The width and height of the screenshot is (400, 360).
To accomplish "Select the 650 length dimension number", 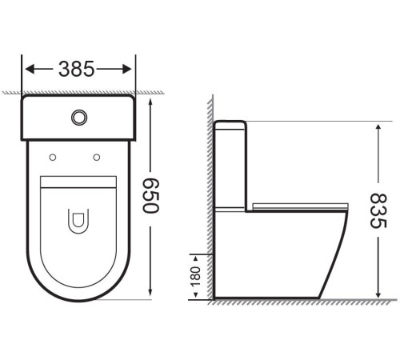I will [151, 194].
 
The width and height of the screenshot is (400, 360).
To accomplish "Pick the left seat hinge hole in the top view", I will [53, 155].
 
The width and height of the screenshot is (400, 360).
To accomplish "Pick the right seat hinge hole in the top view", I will [96, 155].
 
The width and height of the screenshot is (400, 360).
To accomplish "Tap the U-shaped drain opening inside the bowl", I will [79, 220].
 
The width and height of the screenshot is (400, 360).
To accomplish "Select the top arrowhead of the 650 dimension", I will [151, 98].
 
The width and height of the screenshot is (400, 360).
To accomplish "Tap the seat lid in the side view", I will [300, 206].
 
